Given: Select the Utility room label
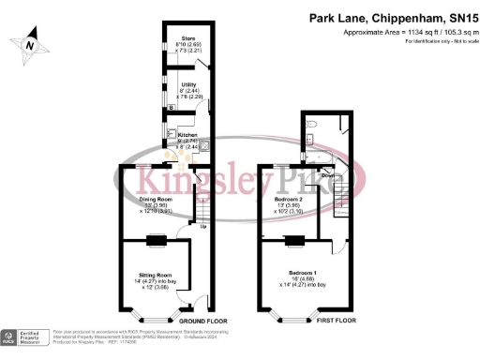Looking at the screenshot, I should click(187, 84).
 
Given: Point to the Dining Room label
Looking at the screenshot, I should click(157, 199).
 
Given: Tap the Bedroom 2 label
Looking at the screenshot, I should click(289, 200).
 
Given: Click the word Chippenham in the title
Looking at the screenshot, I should click(398, 18).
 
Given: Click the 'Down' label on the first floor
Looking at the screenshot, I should click(327, 175).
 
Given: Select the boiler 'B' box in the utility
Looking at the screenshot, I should click(171, 107).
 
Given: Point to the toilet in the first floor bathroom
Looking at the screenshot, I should click(315, 122).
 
